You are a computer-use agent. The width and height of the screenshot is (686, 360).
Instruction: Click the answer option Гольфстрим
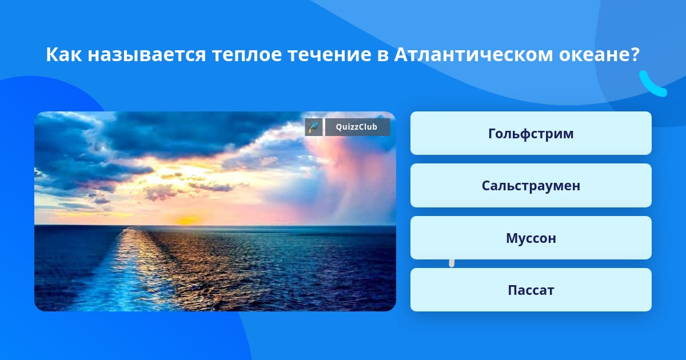(x=531, y=133)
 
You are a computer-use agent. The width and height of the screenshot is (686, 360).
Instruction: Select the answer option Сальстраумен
(x=531, y=186)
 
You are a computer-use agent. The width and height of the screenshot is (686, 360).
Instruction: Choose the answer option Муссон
(x=531, y=238)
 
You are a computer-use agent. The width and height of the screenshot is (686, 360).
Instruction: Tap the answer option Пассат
(x=531, y=290)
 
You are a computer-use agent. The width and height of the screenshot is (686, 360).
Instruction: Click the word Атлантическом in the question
(x=473, y=54)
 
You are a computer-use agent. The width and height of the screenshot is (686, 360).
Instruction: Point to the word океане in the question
(x=593, y=55)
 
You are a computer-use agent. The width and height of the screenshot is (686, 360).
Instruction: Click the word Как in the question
(x=63, y=54)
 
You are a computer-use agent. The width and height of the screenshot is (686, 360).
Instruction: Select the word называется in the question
(x=147, y=55)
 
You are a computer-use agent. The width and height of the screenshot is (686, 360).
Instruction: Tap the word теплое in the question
(x=247, y=55)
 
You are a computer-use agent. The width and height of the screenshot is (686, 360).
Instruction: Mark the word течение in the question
(x=329, y=55)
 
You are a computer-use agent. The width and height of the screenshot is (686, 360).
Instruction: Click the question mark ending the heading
(x=633, y=54)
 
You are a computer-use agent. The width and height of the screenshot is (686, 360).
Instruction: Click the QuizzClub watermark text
(x=357, y=127)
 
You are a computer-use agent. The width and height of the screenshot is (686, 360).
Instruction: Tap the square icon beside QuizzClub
(x=314, y=127)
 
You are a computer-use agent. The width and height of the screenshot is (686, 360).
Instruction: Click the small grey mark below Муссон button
(x=452, y=263)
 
